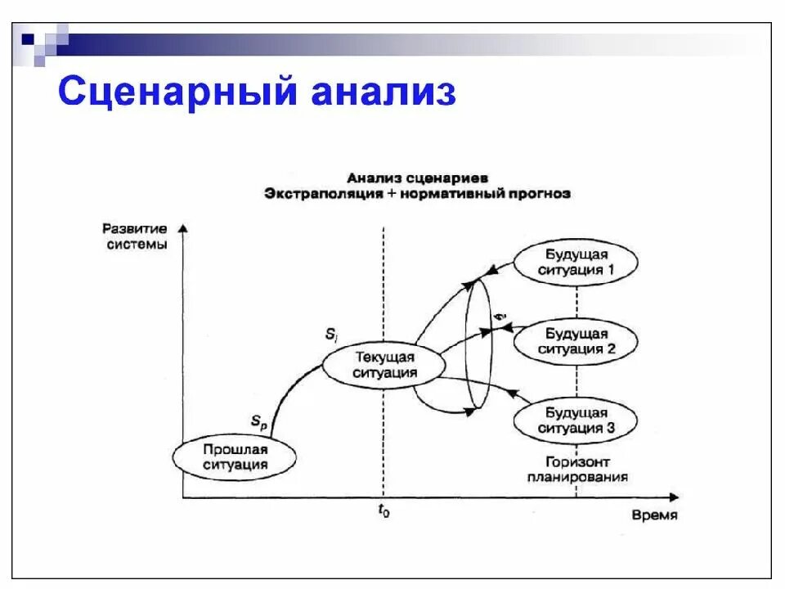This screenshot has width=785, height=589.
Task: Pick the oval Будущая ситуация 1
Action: tap(575, 262)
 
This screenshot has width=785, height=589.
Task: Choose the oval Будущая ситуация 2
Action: tap(575, 341)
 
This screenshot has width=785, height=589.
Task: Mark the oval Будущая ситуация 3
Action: tap(575, 420)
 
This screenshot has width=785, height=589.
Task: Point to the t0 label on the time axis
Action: tap(383, 511)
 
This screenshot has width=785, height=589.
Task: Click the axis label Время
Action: tap(653, 515)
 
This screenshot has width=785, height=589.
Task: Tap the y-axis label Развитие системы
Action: tap(136, 236)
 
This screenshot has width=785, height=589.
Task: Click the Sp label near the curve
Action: tap(259, 420)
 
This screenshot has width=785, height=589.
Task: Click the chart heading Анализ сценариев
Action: tap(417, 178)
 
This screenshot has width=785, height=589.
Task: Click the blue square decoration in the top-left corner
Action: tap(28, 37)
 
